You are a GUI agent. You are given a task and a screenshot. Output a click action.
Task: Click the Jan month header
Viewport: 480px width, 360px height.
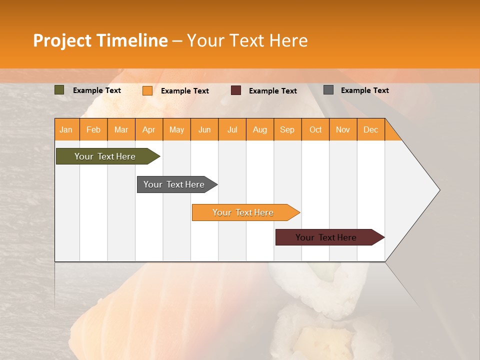click(x=66, y=129)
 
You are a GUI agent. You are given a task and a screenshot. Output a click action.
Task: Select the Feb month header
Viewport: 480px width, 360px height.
click(x=93, y=129)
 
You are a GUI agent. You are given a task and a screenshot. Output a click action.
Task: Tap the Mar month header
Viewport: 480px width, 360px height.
click(x=121, y=129)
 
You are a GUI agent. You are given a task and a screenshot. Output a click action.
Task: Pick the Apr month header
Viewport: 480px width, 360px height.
click(x=149, y=129)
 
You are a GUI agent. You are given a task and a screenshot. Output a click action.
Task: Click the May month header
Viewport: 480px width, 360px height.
click(x=176, y=129)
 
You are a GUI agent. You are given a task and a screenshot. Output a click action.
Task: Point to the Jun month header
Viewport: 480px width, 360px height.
click(x=204, y=129)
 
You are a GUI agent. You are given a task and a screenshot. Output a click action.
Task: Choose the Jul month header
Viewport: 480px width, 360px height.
click(x=232, y=129)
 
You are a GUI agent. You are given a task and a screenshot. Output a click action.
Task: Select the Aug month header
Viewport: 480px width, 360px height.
click(x=260, y=129)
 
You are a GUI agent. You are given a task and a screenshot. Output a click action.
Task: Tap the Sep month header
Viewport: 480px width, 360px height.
click(x=287, y=129)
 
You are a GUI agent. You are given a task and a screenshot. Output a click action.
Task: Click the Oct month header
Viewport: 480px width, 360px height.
click(x=315, y=129)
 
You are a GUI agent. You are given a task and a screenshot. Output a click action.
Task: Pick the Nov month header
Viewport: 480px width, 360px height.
click(x=343, y=129)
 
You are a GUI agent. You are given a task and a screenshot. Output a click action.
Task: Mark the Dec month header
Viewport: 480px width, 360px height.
click(x=371, y=129)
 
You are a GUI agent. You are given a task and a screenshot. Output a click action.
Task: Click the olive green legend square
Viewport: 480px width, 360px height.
click(x=59, y=90)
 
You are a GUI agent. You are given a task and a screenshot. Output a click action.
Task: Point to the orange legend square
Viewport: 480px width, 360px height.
click(x=147, y=90)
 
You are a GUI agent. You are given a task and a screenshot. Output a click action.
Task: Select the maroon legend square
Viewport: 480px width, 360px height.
click(x=236, y=90)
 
